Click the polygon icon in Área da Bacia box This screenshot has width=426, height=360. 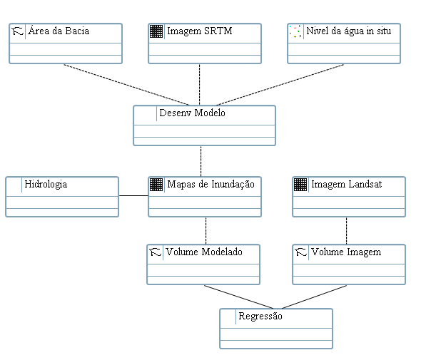(x=18, y=31)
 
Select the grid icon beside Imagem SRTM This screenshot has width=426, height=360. (x=156, y=31)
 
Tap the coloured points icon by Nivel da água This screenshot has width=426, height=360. (x=295, y=31)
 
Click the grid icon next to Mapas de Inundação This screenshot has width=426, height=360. (x=156, y=185)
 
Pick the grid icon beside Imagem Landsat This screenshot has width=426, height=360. (x=300, y=185)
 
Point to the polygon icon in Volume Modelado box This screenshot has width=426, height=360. (x=155, y=252)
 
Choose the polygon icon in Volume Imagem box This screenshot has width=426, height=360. (x=300, y=252)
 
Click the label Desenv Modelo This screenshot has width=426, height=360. (x=193, y=113)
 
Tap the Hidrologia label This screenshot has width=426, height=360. (x=46, y=185)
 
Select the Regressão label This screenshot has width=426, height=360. (x=260, y=317)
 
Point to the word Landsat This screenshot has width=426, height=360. (x=365, y=185)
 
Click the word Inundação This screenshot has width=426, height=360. (x=233, y=185)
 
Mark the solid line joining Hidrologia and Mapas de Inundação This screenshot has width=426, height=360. (x=133, y=195)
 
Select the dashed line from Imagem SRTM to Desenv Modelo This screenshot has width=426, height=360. (x=199, y=84)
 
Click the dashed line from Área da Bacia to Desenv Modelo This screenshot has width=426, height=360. (x=126, y=85)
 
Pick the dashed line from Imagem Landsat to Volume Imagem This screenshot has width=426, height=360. (x=346, y=231)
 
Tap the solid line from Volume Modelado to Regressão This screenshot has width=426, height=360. (x=239, y=297)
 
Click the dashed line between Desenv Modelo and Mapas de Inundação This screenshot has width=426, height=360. (x=201, y=161)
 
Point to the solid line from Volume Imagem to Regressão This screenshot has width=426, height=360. (x=315, y=297)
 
